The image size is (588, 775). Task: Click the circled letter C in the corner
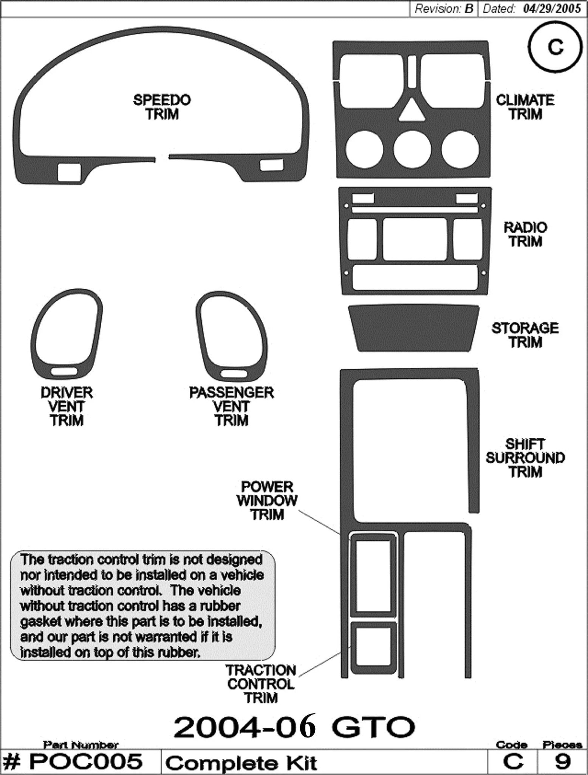point(555,47)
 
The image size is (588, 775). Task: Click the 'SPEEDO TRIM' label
point(162,107)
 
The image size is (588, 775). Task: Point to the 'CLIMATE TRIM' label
point(525,107)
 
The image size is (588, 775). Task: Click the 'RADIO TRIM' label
point(525,234)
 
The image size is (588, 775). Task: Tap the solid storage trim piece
point(413,328)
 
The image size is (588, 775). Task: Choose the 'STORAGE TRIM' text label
point(525,335)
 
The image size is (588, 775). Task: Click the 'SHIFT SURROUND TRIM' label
point(525,458)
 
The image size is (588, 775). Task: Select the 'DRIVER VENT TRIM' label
point(67,406)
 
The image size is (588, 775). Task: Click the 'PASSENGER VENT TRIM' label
point(231,406)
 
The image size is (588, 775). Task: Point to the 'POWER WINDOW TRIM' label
point(267,500)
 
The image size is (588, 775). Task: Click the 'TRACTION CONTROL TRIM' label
point(261,684)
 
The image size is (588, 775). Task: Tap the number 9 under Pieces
point(562,761)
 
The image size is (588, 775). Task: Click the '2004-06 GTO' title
point(294,726)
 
